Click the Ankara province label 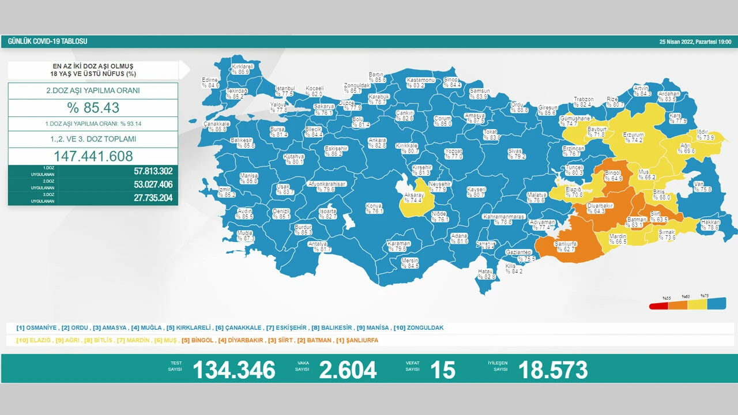coord(377,142)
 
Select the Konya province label coord(374,208)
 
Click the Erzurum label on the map coord(633,137)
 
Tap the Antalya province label coord(318,246)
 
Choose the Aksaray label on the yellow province coord(414,198)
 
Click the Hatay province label coord(486,274)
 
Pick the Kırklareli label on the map coord(243,70)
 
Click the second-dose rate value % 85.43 coord(93,108)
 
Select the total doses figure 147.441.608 coord(93,156)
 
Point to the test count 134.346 coord(234,369)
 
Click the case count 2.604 coord(349,369)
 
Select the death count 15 coord(442,369)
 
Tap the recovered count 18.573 coord(552,369)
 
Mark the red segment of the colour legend coord(659,305)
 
